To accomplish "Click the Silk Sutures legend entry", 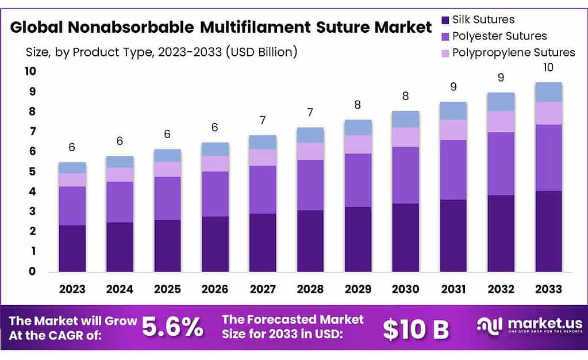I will [483, 20].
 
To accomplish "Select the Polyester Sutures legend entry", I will [499, 36].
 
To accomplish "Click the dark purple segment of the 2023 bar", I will [72, 248].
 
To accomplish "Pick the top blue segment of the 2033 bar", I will [548, 92].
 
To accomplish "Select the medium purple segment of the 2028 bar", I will [310, 185].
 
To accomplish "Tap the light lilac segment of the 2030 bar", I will [405, 137].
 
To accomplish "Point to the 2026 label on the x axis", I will [215, 288].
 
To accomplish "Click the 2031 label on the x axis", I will [453, 288].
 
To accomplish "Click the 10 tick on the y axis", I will [29, 71].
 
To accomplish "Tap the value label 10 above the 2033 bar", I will [548, 67].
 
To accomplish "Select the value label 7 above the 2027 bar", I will [263, 121].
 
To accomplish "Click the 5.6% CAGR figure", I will [172, 327].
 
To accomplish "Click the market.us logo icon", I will [490, 325].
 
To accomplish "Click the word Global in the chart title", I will [37, 27].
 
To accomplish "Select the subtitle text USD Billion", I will [262, 52].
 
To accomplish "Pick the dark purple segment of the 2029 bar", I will [358, 239].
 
